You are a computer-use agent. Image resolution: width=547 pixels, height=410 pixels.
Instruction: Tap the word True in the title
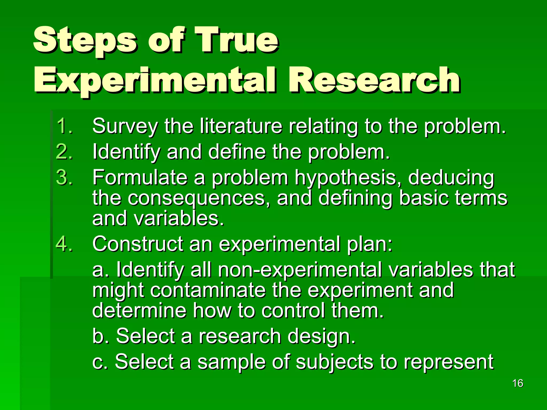236,40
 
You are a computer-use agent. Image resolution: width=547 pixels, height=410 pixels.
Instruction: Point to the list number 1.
64,126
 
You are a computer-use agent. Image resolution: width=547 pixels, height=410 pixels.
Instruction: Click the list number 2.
64,152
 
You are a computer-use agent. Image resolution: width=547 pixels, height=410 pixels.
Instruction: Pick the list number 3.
64,177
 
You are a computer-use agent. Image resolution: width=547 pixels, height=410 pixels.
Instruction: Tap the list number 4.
64,244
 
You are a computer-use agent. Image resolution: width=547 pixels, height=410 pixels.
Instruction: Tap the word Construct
138,244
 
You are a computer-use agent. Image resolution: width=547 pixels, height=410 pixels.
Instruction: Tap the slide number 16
518,383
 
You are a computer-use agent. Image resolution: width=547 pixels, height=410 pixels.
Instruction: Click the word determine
139,311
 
